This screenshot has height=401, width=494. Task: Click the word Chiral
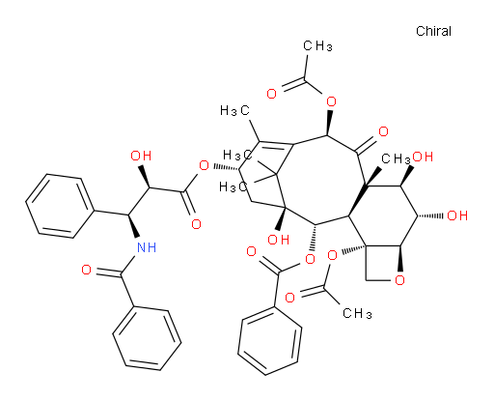pos(433,31)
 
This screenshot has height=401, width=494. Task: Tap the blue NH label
pos(147,247)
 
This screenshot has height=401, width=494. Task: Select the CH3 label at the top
pos(317,46)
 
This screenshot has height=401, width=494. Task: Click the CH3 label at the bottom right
pos(357,313)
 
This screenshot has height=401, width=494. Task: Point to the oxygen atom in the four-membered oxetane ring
pos(399,280)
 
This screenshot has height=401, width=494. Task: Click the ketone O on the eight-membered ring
pos(383,131)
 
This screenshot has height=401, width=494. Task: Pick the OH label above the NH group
pos(141,156)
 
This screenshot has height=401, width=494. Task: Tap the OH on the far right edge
pos(457,215)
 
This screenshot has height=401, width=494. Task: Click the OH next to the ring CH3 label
pos(423,157)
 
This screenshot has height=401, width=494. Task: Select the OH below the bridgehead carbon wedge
pos(279,240)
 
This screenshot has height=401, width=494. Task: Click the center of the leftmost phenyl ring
pos(59,206)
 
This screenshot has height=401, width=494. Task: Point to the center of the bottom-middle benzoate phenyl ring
pos(270,342)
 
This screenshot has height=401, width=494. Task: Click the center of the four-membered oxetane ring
pos(383,263)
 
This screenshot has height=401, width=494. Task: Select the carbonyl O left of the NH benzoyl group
pos(86,270)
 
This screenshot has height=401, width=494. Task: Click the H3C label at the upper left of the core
pos(235,110)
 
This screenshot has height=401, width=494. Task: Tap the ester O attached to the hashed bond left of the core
pos(204,166)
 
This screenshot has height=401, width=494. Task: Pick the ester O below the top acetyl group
pos(331,102)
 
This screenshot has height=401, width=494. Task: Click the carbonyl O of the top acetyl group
pos(272,94)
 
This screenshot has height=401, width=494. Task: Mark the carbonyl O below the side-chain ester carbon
pos(196,224)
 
